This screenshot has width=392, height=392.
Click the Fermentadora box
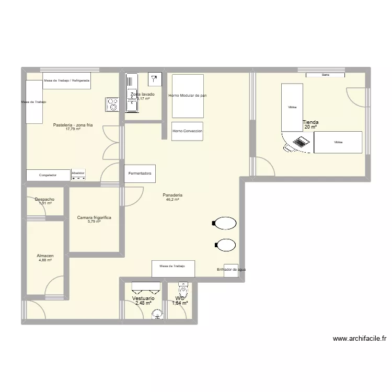point(140,173)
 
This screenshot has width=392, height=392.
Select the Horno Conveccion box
point(187,131)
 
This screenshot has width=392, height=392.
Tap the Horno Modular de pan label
point(187,96)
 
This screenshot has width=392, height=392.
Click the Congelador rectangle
point(48,175)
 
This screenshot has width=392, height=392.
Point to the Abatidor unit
point(78,175)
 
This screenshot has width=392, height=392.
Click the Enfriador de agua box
point(230,270)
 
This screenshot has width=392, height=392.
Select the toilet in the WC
point(183,290)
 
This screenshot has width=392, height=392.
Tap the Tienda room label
point(310,122)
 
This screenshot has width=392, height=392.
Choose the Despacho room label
point(44,199)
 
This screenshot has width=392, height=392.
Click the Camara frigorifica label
point(94,217)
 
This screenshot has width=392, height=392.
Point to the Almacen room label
point(45,256)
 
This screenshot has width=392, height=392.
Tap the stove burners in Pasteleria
point(112,104)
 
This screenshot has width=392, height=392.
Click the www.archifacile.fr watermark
point(359,338)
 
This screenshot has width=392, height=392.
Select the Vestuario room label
point(143,298)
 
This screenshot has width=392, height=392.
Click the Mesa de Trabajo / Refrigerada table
point(67,80)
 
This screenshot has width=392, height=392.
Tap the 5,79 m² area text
point(94,222)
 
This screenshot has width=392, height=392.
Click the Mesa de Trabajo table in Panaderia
point(174,268)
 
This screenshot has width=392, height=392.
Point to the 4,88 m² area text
point(45,260)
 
